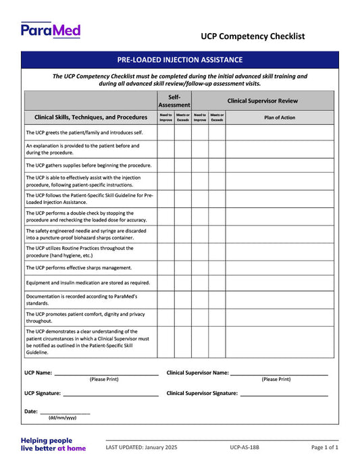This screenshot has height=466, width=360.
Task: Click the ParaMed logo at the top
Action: (x=51, y=30)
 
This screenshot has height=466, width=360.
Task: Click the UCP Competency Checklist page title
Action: (x=253, y=36)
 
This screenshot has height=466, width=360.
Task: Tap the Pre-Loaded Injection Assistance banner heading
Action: (x=179, y=60)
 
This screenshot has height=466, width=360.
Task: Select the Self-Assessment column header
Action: (x=174, y=101)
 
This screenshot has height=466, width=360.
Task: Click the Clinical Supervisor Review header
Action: (x=262, y=101)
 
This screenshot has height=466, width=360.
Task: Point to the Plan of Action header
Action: (x=279, y=117)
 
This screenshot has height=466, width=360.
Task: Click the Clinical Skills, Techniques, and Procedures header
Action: (x=91, y=117)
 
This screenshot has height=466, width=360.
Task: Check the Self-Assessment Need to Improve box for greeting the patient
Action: (x=165, y=132)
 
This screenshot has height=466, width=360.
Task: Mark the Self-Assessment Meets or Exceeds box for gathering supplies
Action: (x=182, y=165)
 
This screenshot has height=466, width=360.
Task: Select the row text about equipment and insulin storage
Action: (x=88, y=283)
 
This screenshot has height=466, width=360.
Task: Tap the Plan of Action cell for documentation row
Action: (x=279, y=300)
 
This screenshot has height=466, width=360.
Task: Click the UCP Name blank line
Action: (x=106, y=373)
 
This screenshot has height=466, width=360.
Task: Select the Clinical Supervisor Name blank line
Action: (x=279, y=373)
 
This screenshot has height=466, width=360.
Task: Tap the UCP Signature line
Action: (x=111, y=393)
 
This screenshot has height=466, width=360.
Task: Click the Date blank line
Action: (x=65, y=411)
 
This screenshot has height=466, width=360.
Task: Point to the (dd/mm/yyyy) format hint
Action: (x=62, y=418)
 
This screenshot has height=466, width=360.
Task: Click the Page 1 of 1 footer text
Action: (x=324, y=447)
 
